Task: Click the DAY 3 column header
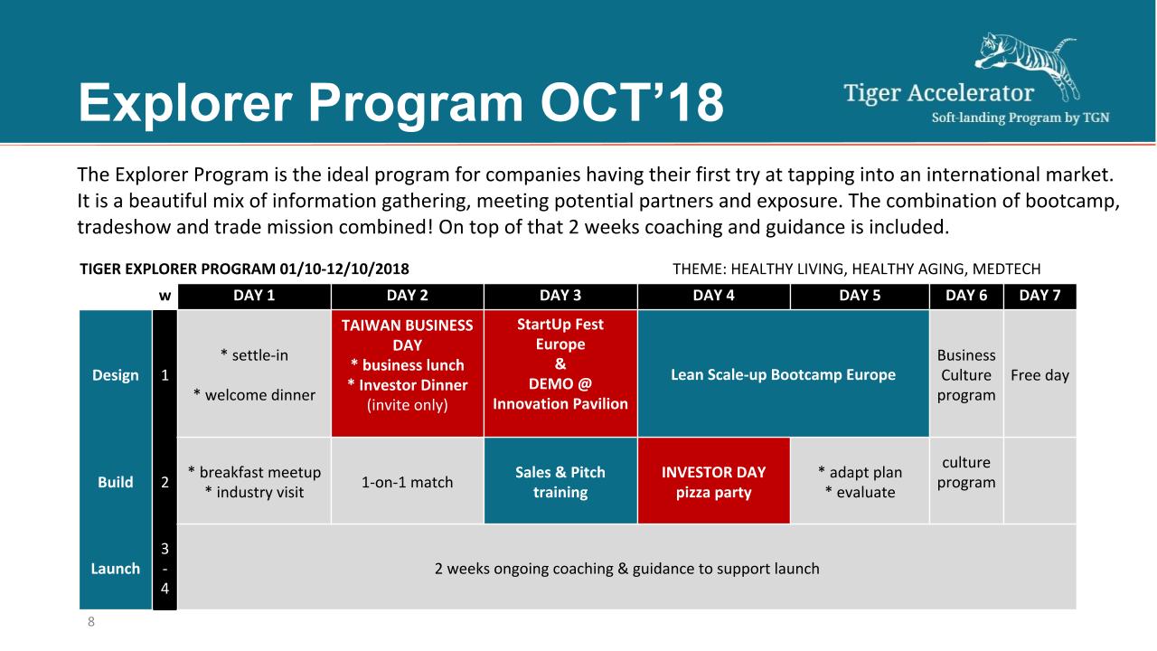point(560,296)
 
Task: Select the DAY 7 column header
point(1039,296)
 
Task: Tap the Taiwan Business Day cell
point(408,373)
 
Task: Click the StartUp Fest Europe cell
point(560,373)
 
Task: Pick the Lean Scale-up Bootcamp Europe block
point(783,373)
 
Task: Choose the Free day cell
point(1039,373)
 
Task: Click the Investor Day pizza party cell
point(714,481)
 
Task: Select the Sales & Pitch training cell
point(560,481)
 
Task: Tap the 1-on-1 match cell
point(408,481)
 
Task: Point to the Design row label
point(115,375)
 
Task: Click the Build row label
point(115,482)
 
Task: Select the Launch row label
point(115,569)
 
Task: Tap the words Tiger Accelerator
point(938,93)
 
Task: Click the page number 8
point(91,621)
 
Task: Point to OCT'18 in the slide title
point(632,103)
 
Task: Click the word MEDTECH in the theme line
point(1006,269)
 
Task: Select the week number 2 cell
point(165,482)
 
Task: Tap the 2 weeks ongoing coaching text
point(626,569)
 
